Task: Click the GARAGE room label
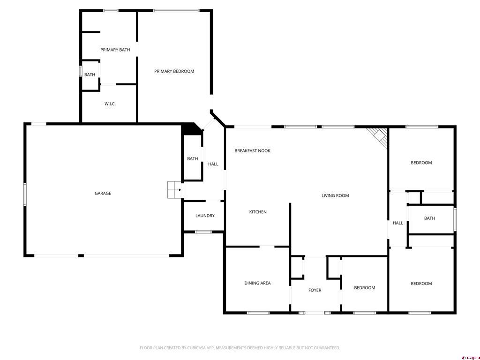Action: (x=103, y=193)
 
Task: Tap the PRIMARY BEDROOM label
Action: (x=174, y=71)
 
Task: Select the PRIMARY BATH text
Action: (x=115, y=50)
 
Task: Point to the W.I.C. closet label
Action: (x=110, y=104)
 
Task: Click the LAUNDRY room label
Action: (x=205, y=216)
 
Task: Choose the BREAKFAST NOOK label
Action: (x=252, y=150)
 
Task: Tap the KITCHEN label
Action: (x=257, y=212)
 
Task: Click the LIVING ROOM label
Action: (x=335, y=195)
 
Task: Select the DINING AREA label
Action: (x=257, y=283)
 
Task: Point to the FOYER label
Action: (x=315, y=290)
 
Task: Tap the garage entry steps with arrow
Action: (x=174, y=189)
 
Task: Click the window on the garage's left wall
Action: (x=25, y=194)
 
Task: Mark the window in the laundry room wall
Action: (x=203, y=232)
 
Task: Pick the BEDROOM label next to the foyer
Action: (x=364, y=288)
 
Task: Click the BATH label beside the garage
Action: (x=192, y=158)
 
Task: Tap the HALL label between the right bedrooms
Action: (x=397, y=223)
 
